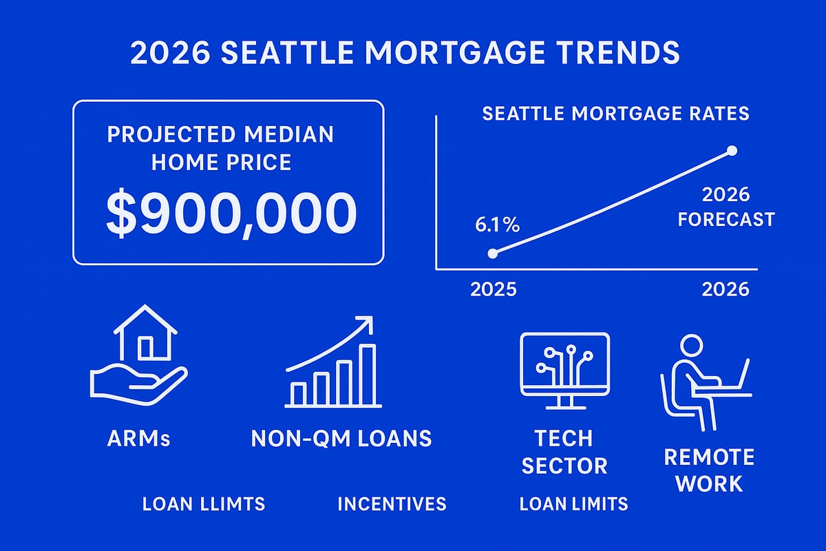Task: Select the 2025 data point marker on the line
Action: [492, 253]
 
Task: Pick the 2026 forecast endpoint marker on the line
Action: [732, 150]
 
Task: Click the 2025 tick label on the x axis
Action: [494, 289]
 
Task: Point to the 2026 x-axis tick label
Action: [726, 289]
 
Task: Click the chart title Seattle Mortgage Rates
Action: [615, 114]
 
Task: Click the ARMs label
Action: [139, 438]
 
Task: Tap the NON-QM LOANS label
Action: [341, 438]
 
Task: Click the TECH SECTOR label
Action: [564, 451]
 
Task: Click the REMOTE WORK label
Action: [709, 470]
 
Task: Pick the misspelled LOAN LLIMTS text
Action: [204, 504]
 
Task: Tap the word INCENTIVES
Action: [392, 504]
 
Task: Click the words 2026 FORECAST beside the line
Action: [726, 207]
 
